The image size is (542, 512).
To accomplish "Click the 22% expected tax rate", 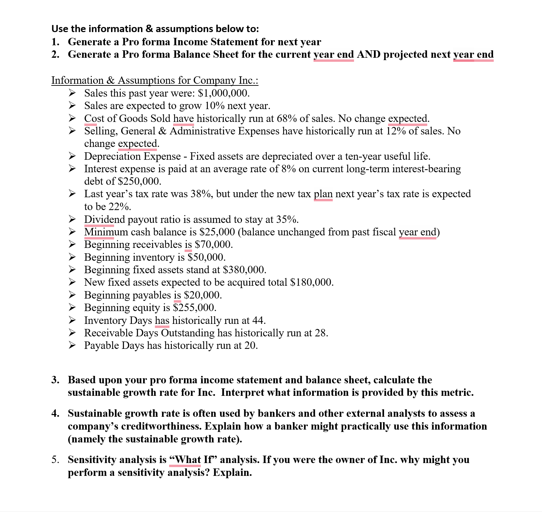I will [x=119, y=207].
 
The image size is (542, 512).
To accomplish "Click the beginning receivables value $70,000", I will [x=213, y=245].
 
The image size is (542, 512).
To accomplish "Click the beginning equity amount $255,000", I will [x=194, y=308].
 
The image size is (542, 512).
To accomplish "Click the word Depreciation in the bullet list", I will [x=114, y=156].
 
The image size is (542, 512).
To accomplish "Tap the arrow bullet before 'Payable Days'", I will [x=72, y=345].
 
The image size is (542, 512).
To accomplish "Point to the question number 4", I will [x=55, y=413].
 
